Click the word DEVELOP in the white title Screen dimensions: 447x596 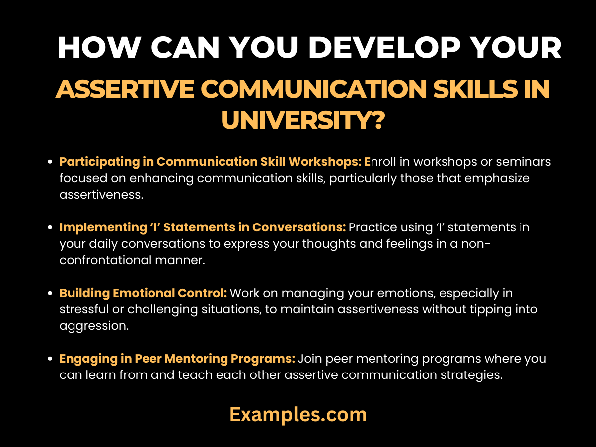[352, 48]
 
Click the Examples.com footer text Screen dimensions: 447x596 [298, 414]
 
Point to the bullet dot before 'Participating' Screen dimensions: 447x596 [50, 162]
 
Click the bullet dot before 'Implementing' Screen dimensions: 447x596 [50, 228]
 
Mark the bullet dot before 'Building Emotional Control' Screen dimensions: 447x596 [50, 294]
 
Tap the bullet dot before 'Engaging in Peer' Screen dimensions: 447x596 [50, 359]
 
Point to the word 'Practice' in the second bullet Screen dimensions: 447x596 [371, 227]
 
